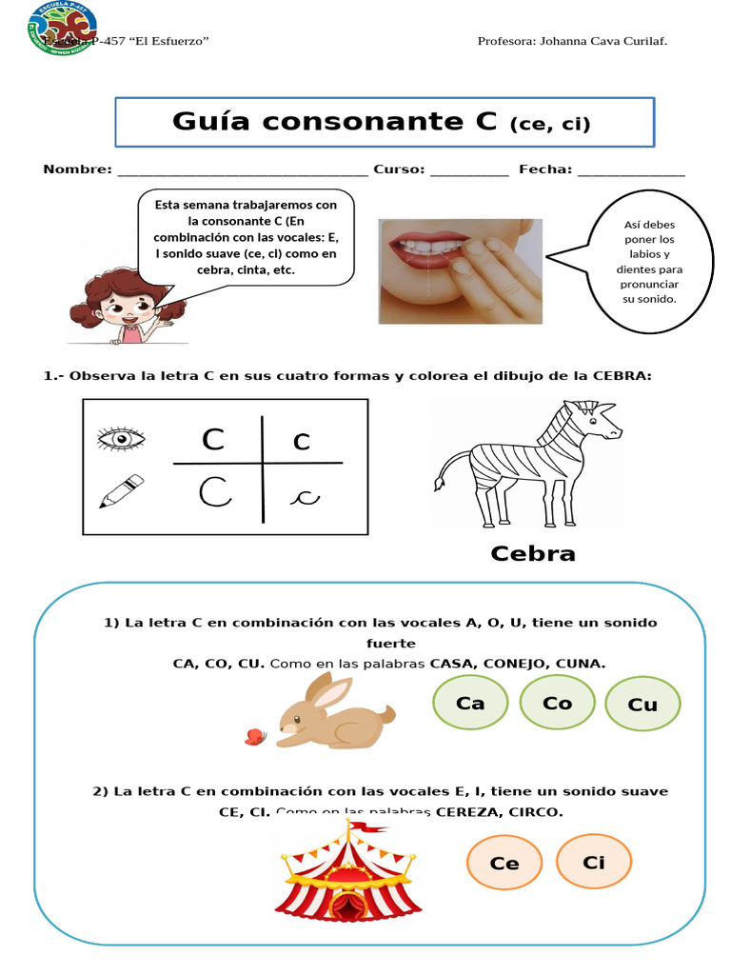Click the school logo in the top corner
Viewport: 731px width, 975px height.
(62, 28)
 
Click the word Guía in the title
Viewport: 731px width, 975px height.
(210, 122)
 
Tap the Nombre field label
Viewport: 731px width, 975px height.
(77, 169)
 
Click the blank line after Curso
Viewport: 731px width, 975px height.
(469, 172)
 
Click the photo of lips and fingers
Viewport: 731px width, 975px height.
(460, 270)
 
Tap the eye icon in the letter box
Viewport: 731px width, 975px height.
(121, 438)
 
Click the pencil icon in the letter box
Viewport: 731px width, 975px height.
(121, 491)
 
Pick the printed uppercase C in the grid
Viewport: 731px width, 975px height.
(213, 440)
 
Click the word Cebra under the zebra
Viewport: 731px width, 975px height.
(532, 553)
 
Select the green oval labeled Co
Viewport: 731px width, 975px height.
(558, 704)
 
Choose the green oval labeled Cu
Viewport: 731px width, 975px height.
(642, 705)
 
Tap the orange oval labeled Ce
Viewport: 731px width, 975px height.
(504, 864)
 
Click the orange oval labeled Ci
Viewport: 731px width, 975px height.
(594, 862)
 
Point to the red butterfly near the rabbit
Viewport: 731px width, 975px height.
(254, 736)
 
